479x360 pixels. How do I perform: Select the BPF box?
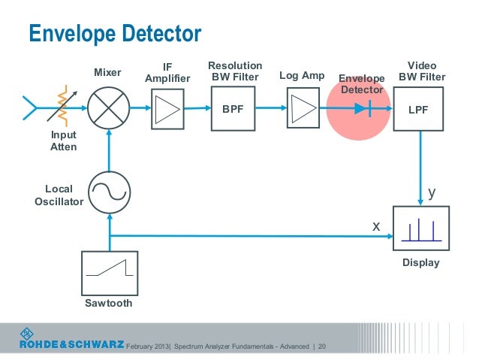tap(233, 108)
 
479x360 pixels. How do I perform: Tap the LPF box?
tap(418, 109)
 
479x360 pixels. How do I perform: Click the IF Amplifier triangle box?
tap(167, 109)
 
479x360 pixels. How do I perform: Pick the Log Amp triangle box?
tap(303, 108)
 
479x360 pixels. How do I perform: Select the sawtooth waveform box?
tap(110, 274)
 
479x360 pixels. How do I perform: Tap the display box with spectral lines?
tap(421, 228)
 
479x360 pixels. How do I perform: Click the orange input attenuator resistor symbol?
tap(62, 106)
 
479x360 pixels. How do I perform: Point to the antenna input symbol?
tap(29, 107)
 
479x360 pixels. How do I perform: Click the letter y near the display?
tap(432, 192)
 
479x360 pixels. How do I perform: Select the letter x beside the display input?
tap(376, 227)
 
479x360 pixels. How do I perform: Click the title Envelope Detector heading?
tap(115, 33)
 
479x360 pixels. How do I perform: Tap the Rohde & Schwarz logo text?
tap(72, 344)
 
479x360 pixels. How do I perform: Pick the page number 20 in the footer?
tap(322, 346)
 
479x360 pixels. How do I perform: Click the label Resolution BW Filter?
tap(235, 71)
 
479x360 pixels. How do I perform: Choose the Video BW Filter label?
tap(422, 71)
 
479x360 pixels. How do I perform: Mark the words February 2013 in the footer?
tap(148, 346)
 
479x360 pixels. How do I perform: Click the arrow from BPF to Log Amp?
tap(271, 107)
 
